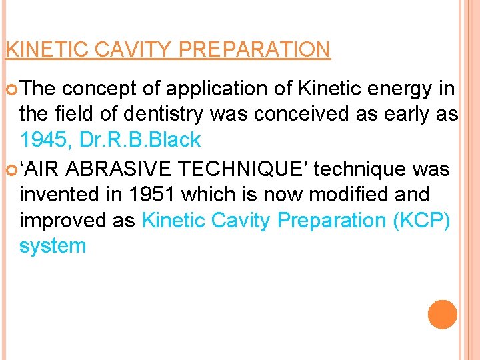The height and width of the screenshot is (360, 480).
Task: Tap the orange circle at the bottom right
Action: [443, 315]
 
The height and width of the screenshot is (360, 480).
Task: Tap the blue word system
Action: [53, 246]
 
